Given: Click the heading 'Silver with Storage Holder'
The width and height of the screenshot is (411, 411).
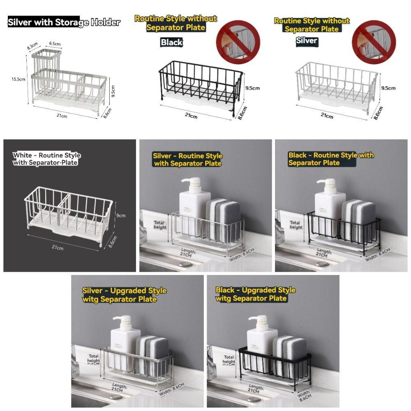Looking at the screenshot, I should pyautogui.click(x=64, y=22).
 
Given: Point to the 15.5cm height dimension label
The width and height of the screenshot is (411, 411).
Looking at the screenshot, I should pyautogui.click(x=18, y=79).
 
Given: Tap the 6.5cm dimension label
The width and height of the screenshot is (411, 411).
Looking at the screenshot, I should pyautogui.click(x=55, y=44).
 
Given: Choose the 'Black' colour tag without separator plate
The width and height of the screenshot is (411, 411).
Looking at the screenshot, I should pyautogui.click(x=171, y=42).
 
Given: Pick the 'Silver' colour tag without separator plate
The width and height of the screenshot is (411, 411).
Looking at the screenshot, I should pyautogui.click(x=307, y=40).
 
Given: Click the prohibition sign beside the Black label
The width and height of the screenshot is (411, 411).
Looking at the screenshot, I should pyautogui.click(x=238, y=39).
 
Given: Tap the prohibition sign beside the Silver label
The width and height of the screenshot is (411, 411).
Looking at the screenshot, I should pyautogui.click(x=374, y=39).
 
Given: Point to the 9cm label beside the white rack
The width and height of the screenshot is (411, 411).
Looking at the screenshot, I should pyautogui.click(x=121, y=215).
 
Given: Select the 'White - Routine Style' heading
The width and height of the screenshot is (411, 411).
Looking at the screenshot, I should pyautogui.click(x=47, y=159).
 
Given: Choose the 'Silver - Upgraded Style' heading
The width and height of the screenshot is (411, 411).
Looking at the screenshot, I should pyautogui.click(x=124, y=295).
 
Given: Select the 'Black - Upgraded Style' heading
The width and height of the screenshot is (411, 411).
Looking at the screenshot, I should pyautogui.click(x=255, y=294).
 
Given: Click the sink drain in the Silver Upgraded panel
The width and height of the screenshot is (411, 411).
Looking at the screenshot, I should pyautogui.click(x=116, y=397).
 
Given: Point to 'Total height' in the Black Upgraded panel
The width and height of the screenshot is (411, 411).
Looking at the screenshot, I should pyautogui.click(x=229, y=360).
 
